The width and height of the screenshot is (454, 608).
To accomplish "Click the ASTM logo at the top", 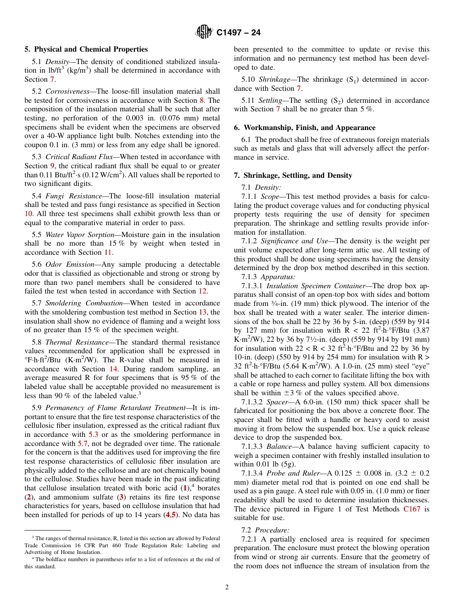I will (x=205, y=33).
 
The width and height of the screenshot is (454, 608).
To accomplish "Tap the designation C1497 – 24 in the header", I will (x=238, y=33).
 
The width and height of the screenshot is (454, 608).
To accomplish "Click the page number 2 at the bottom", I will (x=227, y=587).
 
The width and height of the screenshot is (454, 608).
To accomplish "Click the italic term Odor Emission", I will (x=67, y=264).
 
